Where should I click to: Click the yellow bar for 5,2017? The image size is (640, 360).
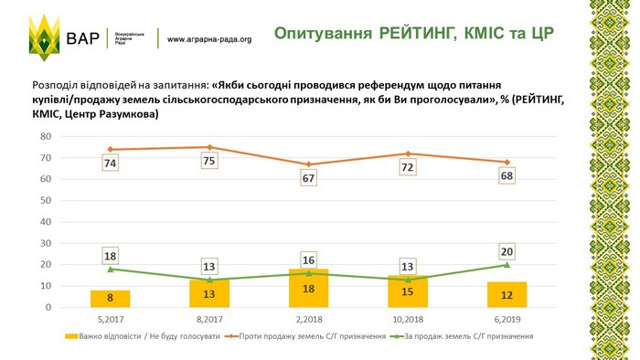point(111,299)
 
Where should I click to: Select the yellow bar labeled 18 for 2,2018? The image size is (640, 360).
point(309,288)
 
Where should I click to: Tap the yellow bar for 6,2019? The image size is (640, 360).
point(507,294)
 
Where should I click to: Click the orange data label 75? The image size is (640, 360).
point(209,161)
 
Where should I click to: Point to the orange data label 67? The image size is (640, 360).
point(308,178)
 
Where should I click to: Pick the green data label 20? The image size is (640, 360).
point(507,251)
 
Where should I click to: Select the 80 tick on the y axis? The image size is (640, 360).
point(46,136)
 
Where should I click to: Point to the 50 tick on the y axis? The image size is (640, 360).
point(46,200)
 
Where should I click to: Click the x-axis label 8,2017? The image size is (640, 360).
point(209,319)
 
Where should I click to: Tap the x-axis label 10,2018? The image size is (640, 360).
point(408,319)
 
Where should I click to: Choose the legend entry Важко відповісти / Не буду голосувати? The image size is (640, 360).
point(143,336)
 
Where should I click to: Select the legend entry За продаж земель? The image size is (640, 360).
point(462,336)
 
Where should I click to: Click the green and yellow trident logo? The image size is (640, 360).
point(45,37)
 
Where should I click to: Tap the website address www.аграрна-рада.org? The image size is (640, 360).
point(209,39)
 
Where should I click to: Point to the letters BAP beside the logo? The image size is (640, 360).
point(83,38)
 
